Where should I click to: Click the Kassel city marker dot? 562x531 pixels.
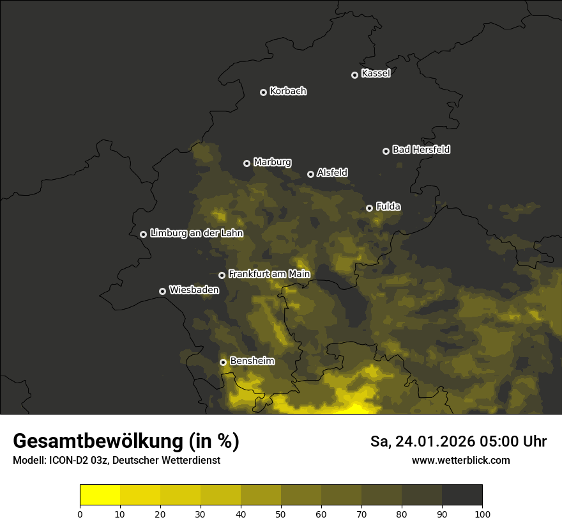[x=354, y=75]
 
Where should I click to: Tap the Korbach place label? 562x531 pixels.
[x=288, y=91]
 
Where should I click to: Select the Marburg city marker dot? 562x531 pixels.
[x=247, y=163]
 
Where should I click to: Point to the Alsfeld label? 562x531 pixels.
[x=332, y=173]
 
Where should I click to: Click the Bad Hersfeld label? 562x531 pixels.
[x=421, y=150]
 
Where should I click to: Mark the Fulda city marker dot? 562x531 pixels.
[x=369, y=208]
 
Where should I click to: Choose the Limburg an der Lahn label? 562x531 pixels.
[x=196, y=234]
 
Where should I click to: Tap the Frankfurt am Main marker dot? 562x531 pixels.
[x=222, y=275]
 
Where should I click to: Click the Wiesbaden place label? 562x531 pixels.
[x=194, y=290]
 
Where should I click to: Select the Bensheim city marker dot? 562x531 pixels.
[x=223, y=362]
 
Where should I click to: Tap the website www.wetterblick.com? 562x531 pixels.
[x=460, y=460]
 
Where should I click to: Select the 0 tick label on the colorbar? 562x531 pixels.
[x=80, y=514]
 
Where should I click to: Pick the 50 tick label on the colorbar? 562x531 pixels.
[x=281, y=514]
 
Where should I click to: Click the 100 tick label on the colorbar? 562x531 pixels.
[x=482, y=514]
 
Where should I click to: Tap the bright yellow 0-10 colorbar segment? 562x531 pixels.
[x=100, y=495]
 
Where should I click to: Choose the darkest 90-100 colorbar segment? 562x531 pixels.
[x=462, y=495]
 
